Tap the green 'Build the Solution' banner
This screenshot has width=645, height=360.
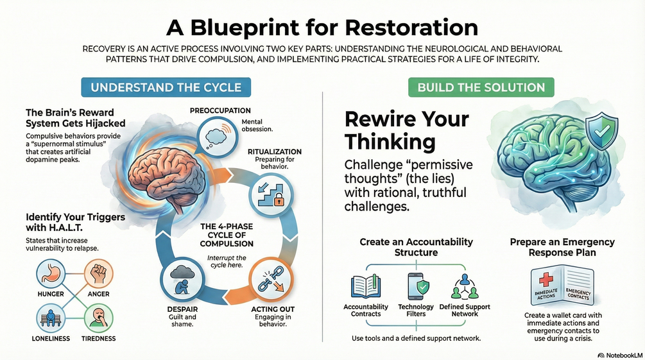tap(481, 87)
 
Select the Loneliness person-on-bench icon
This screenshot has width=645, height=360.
tap(50, 317)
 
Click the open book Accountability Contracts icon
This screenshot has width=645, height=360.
tap(366, 287)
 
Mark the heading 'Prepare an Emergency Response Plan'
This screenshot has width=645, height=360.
tap(562, 247)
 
